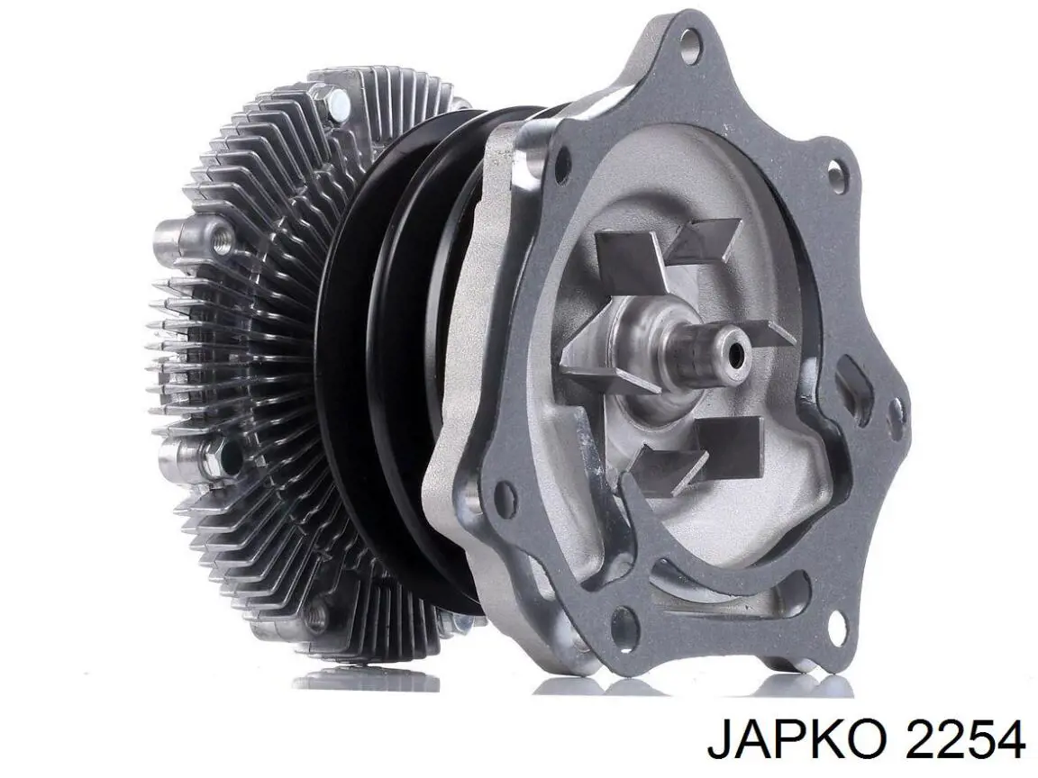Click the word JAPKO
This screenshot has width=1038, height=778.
[798, 740]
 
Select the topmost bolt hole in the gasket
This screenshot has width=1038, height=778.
[691, 41]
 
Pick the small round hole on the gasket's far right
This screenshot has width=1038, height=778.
[896, 406]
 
